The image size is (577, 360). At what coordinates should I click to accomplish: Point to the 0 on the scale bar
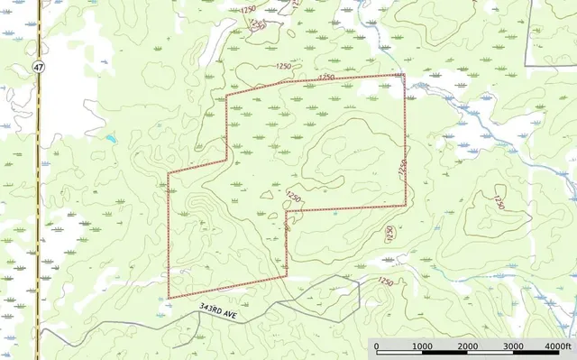[376, 347]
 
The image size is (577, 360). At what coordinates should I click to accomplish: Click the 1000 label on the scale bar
[421, 347]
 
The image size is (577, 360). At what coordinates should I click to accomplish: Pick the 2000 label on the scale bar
[467, 347]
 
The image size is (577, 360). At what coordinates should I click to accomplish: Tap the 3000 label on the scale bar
[513, 347]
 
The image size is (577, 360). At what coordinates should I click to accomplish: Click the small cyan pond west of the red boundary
[111, 139]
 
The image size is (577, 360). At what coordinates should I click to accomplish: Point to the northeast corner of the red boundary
[404, 75]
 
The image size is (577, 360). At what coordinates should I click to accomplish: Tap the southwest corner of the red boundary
[169, 298]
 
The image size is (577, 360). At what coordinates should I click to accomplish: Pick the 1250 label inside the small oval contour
[293, 196]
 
